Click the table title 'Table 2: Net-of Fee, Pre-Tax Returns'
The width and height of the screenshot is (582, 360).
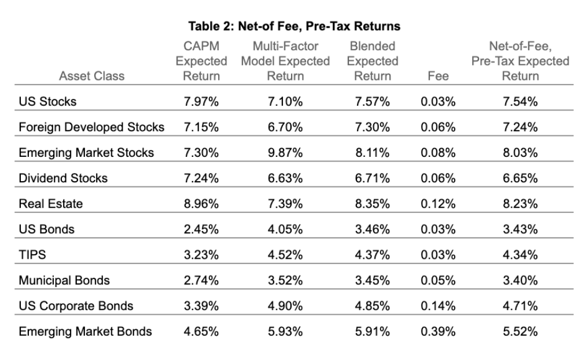coord(295,27)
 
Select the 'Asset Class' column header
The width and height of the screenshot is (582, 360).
coord(92,76)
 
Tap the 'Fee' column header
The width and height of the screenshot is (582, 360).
coord(437,76)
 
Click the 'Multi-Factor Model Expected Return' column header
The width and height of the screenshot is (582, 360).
coord(286,61)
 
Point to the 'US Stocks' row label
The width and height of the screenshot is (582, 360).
coord(47,102)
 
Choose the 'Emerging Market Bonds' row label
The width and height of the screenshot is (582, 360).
coord(86,332)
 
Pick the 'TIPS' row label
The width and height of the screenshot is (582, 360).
coord(32,255)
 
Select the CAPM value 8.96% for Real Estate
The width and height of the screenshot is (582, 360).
coord(201,204)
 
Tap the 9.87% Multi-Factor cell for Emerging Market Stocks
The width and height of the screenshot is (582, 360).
coord(285,153)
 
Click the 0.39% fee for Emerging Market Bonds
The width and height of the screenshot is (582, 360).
coord(438,332)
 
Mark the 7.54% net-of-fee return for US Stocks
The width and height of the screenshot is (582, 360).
coord(521,102)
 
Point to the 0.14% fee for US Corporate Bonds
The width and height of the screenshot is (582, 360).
coord(438,306)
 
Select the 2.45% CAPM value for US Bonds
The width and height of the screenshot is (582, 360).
coord(201,229)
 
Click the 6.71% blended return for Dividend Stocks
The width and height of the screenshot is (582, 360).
coord(373,178)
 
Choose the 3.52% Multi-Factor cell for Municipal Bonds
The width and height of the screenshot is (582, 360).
coord(285,281)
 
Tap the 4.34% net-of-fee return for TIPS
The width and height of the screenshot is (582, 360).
coord(521,255)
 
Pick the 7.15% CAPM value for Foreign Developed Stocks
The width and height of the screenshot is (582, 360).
coord(201,127)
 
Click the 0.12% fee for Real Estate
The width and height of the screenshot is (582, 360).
coord(438,204)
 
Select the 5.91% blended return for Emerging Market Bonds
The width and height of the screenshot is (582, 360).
coord(373,332)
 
